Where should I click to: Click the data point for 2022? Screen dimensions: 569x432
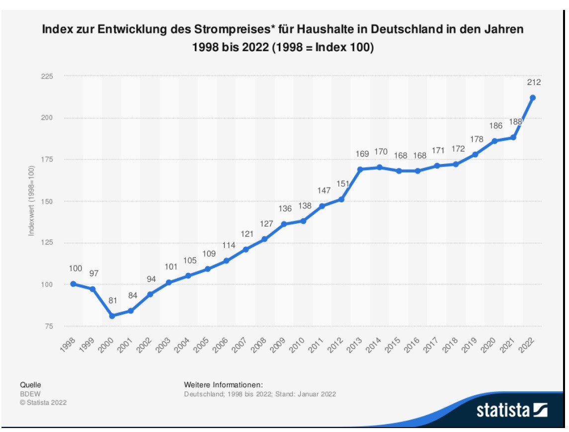[x=533, y=97]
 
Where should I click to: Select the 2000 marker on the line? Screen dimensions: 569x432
[x=112, y=316]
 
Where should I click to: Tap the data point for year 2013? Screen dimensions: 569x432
[x=360, y=169]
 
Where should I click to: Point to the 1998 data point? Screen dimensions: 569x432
[x=74, y=284]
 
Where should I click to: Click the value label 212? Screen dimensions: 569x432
[x=534, y=83]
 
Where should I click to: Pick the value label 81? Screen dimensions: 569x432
[x=113, y=301]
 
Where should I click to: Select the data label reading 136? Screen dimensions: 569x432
[x=285, y=209]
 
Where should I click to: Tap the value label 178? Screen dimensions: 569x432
[x=477, y=139]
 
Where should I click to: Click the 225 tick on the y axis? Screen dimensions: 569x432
[x=47, y=76]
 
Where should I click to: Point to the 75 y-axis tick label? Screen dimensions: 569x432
[x=49, y=326]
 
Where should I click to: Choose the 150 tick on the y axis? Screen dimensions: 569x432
[x=47, y=201]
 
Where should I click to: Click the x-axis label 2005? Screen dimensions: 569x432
[x=201, y=345]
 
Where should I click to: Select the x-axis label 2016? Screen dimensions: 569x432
[x=411, y=345]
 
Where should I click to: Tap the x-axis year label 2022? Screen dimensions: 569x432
[x=527, y=345]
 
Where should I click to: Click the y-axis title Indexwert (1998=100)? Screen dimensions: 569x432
[x=32, y=201]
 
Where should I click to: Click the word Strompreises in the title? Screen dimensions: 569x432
[x=232, y=29]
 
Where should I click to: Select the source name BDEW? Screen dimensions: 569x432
[x=30, y=394]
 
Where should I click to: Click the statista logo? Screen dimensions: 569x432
[x=512, y=410]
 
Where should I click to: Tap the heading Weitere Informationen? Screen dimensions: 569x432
[x=223, y=385]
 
